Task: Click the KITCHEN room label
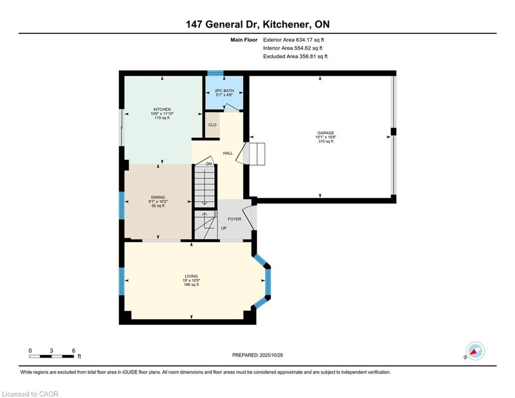tap(162, 109)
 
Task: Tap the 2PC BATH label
tap(224, 91)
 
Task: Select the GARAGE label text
tap(326, 133)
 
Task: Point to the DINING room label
tap(158, 197)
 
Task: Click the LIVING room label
tap(191, 276)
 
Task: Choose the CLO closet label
tap(213, 125)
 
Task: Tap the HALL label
tap(228, 153)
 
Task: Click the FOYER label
tap(234, 219)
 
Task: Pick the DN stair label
tap(209, 164)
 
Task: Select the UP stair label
tap(224, 228)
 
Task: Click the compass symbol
tap(475, 351)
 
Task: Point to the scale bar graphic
tap(51, 356)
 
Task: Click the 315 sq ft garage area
tap(326, 141)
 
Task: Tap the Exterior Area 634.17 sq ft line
tap(293, 40)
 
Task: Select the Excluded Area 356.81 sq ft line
tap(295, 56)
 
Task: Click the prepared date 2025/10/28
tap(271, 355)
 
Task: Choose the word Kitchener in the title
tap(286, 24)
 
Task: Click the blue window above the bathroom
tap(215, 73)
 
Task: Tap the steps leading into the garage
tap(257, 154)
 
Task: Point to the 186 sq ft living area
tap(191, 285)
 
